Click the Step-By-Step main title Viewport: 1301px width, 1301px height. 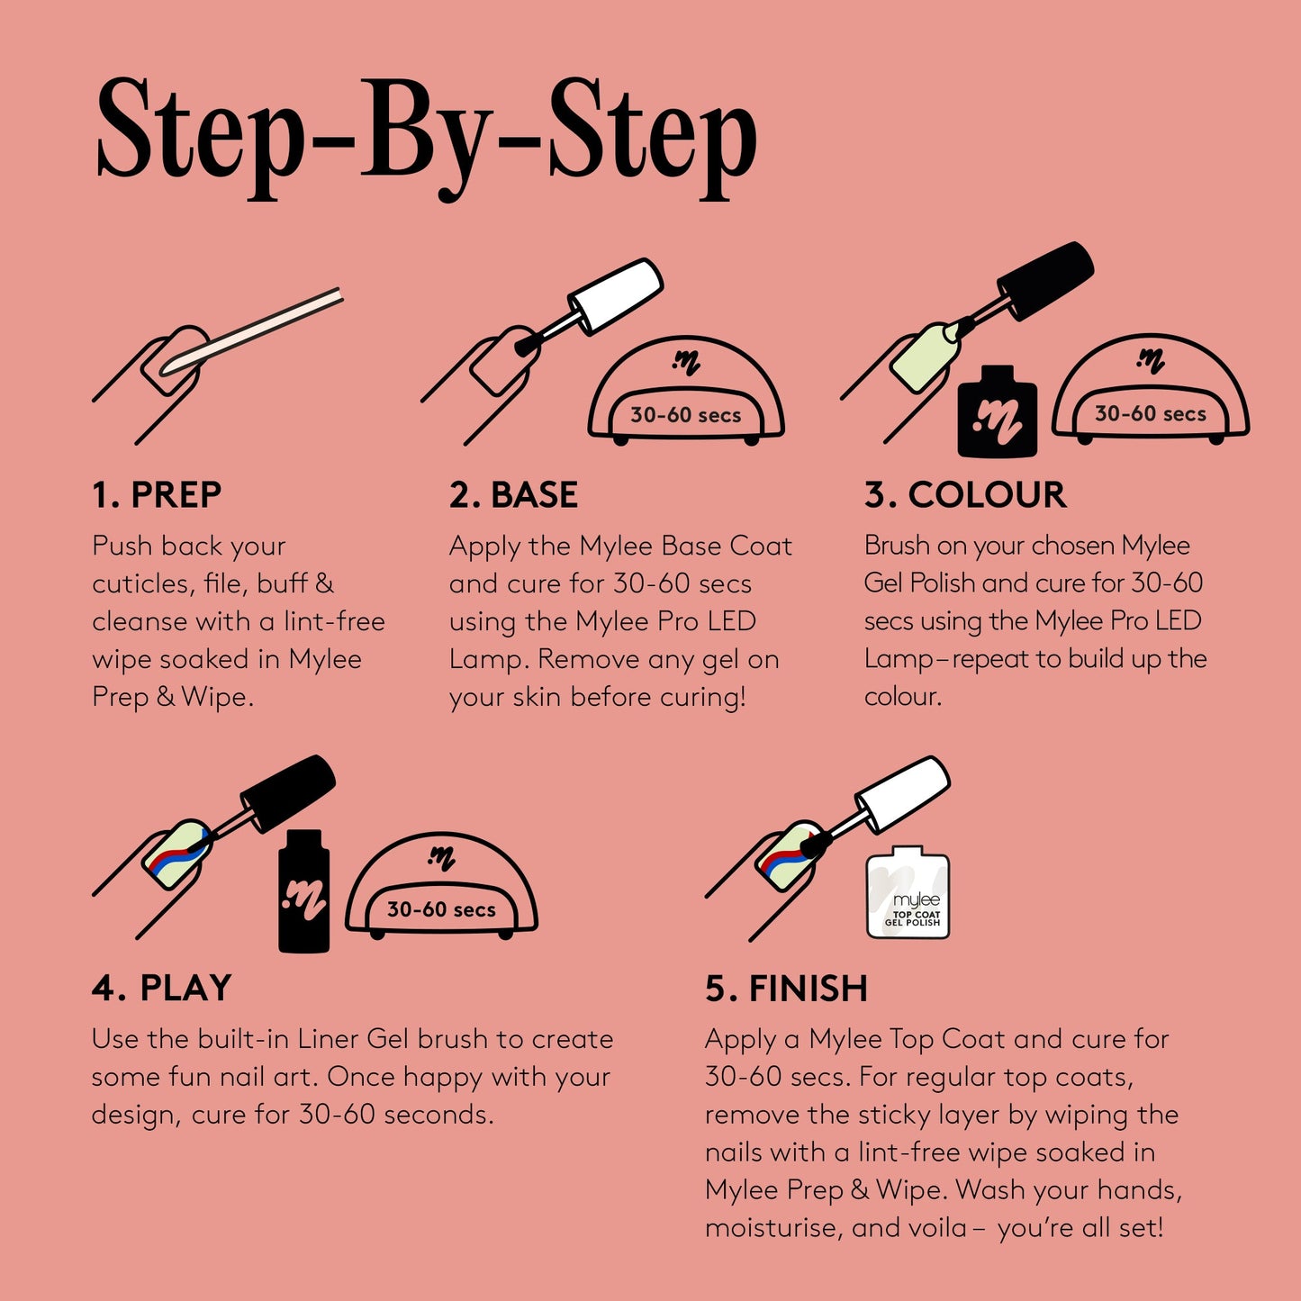coord(425,135)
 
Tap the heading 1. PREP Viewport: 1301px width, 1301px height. coord(157,495)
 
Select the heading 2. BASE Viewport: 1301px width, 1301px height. coord(513,495)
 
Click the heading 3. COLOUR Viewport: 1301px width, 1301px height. coord(965,495)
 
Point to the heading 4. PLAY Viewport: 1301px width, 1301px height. coord(161,988)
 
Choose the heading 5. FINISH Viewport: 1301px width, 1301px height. coord(786,989)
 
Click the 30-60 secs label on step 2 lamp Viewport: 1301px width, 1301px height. coord(685,415)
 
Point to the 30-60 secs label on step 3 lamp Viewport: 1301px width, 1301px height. coord(1150,414)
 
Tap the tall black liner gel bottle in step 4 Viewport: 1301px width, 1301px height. coord(303,891)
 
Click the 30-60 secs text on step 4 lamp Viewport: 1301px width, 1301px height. coord(441,909)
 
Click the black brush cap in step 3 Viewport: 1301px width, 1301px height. coord(1048,278)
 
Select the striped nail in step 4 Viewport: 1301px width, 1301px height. coord(176,854)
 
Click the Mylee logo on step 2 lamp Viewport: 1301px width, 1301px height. coord(686,362)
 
